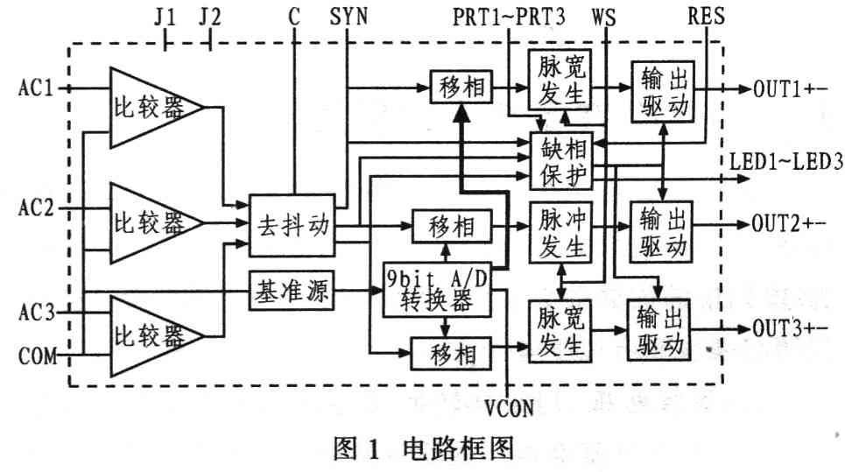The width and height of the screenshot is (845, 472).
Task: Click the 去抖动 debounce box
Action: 292,225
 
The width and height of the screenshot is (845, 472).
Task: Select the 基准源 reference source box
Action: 292,292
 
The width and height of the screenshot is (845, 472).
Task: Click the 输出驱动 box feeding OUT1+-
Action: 659,91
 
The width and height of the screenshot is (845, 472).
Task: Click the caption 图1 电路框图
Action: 422,450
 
